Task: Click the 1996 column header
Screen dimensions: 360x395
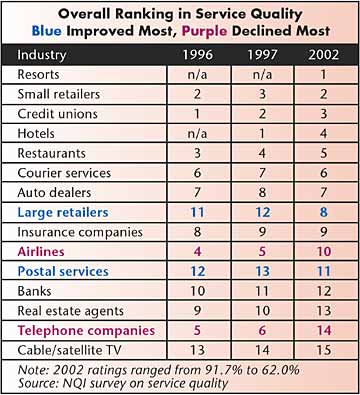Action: tap(198, 55)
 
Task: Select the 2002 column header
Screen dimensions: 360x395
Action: tap(323, 55)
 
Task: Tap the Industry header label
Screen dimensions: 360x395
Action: tap(42, 55)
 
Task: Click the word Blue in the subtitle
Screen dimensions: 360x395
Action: tap(47, 31)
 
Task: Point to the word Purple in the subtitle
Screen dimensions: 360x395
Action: tap(205, 31)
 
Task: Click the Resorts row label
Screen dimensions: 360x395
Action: tap(38, 75)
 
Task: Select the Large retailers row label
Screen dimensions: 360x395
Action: tap(63, 213)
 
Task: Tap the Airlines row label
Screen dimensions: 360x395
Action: tap(41, 252)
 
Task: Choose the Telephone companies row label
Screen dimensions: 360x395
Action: tap(86, 331)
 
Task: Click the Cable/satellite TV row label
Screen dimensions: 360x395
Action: tap(69, 350)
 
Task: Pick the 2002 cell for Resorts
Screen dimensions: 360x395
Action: tap(323, 74)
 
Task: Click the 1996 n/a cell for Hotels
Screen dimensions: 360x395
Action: tap(197, 134)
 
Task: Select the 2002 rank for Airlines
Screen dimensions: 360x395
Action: tap(323, 252)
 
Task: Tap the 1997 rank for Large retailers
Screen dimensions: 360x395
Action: tap(263, 212)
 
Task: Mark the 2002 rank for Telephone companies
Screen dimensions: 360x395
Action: tap(323, 330)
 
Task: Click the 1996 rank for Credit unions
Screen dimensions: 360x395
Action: tap(197, 114)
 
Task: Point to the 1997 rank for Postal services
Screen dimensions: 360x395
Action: tap(263, 271)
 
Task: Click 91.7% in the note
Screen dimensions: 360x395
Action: tap(222, 370)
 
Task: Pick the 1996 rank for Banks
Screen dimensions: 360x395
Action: tap(197, 291)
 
